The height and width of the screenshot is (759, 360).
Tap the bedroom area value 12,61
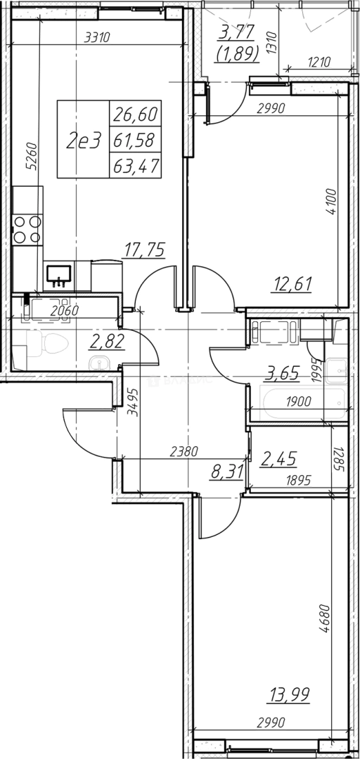click(290, 284)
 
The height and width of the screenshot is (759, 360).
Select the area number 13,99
click(290, 695)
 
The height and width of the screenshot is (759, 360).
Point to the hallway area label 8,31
click(226, 471)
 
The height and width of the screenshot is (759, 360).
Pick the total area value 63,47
click(135, 167)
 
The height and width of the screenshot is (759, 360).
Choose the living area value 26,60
click(135, 115)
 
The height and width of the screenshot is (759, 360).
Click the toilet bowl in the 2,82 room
click(48, 344)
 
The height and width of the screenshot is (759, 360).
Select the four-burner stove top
click(27, 230)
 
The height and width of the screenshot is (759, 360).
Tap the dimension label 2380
click(185, 452)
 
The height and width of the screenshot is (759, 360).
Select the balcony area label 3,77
click(237, 34)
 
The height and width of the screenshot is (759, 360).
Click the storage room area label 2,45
click(278, 458)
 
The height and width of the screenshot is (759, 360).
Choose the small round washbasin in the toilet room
click(99, 363)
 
